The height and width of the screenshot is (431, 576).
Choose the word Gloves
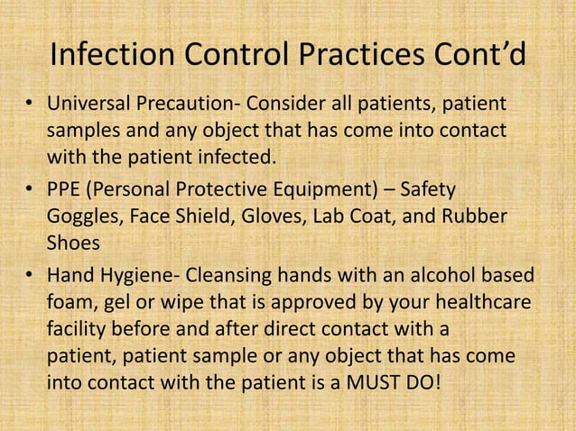pos(266,217)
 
